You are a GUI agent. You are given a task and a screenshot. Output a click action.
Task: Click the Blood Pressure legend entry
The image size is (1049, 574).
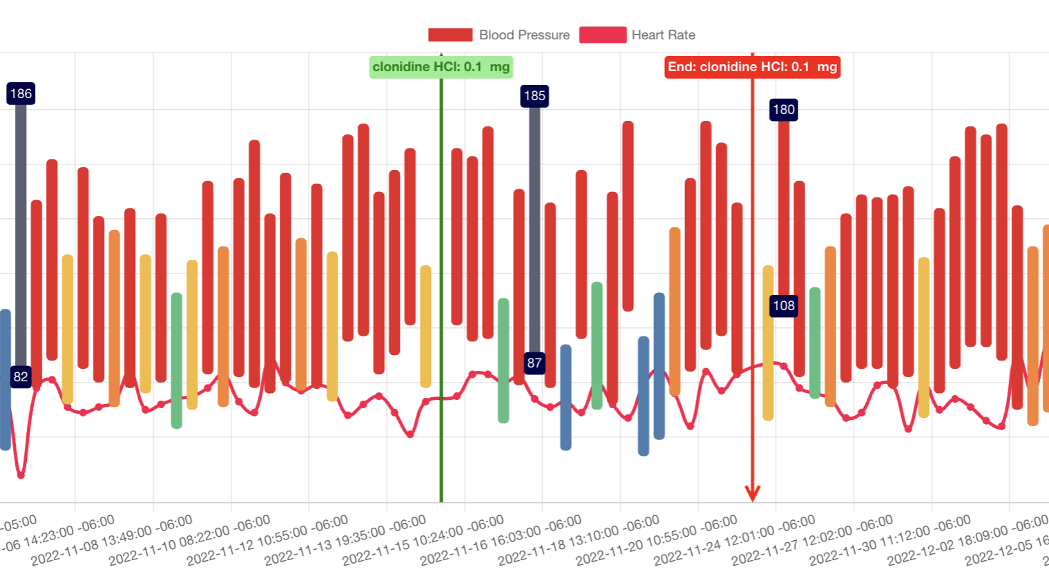(x=499, y=35)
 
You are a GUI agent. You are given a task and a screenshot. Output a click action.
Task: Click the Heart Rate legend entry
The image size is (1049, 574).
(x=637, y=35)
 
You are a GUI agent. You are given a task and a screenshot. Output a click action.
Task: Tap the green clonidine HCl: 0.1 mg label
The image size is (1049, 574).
(x=441, y=67)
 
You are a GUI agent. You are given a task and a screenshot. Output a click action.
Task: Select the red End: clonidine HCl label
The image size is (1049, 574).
(x=752, y=67)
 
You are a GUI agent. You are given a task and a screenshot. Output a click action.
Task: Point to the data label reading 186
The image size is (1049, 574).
(x=21, y=94)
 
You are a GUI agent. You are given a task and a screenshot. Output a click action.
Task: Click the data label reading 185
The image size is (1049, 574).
(x=535, y=96)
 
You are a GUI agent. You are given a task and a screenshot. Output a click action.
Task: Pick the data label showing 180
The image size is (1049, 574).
(x=784, y=110)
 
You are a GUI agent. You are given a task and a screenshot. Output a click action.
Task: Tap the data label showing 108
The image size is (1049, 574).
(x=784, y=306)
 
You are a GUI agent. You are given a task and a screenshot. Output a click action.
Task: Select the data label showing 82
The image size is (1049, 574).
(x=21, y=376)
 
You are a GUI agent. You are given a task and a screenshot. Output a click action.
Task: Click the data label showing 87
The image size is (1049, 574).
(x=535, y=363)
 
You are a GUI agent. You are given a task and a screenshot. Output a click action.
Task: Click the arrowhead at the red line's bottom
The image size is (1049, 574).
(x=753, y=493)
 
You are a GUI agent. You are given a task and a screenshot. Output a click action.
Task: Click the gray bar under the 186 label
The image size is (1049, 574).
(x=21, y=235)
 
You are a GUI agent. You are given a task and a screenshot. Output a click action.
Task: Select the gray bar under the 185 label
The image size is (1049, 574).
(x=535, y=228)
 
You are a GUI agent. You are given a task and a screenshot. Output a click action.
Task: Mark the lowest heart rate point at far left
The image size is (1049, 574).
(x=21, y=475)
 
